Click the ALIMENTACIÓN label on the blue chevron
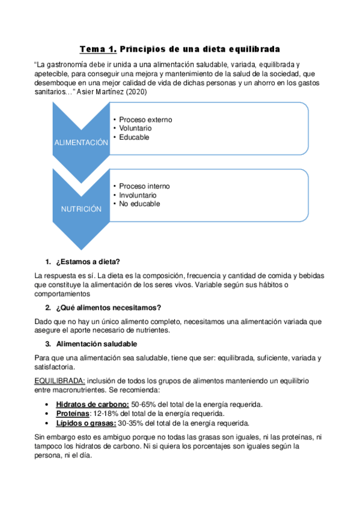(x=81, y=143)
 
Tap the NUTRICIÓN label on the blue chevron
(x=81, y=209)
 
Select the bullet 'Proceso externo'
(x=145, y=119)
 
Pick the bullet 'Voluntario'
(x=135, y=128)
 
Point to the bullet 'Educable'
(x=133, y=137)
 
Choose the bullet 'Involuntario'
(x=138, y=195)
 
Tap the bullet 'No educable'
(x=139, y=203)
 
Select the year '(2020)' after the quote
(x=137, y=93)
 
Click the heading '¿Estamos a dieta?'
(x=88, y=262)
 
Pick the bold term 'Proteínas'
(x=72, y=414)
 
